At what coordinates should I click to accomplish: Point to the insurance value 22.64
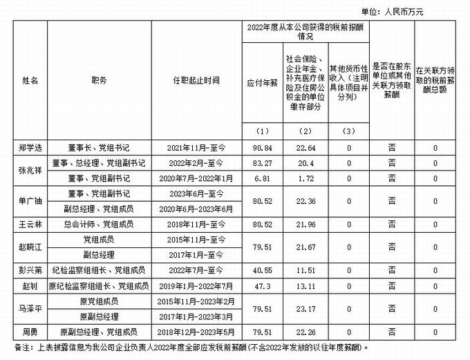pyautogui.click(x=305, y=148)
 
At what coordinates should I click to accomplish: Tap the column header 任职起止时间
pyautogui.click(x=196, y=80)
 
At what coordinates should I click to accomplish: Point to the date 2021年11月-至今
pyautogui.click(x=196, y=148)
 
